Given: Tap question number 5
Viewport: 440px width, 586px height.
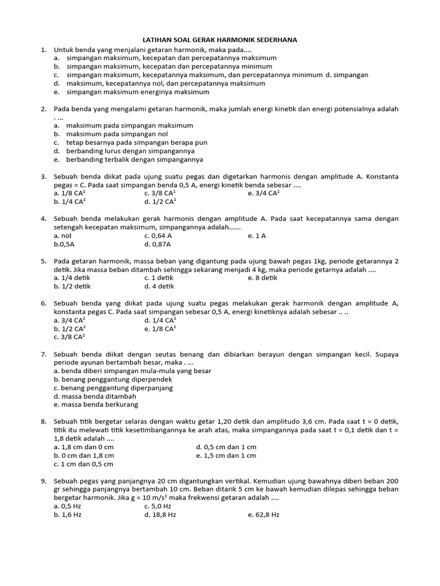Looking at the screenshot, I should click(x=44, y=260).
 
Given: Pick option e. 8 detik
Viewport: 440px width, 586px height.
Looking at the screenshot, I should click(x=262, y=278).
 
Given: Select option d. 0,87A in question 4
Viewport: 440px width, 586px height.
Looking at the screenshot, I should click(x=158, y=244).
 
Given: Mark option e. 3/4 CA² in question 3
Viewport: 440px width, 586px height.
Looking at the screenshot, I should click(x=264, y=193).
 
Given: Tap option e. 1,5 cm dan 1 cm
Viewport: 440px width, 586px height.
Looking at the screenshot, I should click(x=226, y=456).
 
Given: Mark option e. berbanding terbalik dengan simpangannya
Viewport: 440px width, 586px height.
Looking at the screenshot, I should click(x=128, y=160).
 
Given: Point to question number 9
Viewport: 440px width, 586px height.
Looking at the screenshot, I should click(x=44, y=481).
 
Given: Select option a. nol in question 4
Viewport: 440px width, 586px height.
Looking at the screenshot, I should click(x=62, y=235).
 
